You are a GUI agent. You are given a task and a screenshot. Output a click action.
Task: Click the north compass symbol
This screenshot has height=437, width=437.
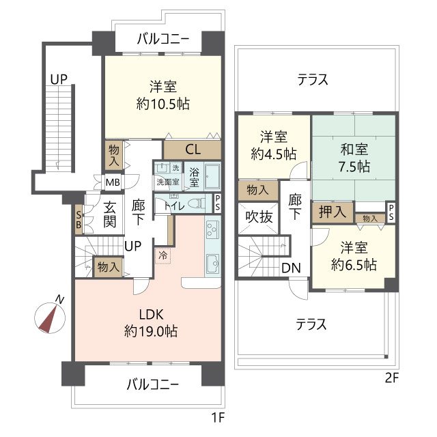(50, 318)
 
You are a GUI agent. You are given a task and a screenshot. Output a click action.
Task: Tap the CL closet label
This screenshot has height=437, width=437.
(193, 150)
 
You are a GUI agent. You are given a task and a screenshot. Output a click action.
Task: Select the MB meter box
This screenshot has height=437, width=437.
(113, 182)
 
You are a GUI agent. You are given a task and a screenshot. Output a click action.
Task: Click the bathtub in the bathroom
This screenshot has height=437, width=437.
(212, 175)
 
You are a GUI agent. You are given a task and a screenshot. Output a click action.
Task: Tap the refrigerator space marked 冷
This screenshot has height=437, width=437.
(163, 255)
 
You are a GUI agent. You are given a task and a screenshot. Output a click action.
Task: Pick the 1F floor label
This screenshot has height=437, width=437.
(218, 417)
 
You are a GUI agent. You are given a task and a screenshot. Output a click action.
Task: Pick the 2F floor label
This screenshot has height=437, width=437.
(391, 378)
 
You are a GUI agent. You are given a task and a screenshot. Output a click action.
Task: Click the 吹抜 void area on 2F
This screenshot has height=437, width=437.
(258, 217)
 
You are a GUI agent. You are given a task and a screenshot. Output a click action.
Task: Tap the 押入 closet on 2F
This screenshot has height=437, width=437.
(333, 212)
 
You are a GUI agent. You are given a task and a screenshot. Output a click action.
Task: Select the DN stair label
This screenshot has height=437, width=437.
(291, 268)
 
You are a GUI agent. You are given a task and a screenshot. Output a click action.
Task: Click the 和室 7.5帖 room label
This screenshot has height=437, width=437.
(354, 158)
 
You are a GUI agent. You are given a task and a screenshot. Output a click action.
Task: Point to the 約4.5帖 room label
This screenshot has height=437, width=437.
(274, 154)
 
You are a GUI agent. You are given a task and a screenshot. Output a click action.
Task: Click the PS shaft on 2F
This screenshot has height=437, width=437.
(391, 212)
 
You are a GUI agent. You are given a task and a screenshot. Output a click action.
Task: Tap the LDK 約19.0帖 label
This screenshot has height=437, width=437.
(151, 323)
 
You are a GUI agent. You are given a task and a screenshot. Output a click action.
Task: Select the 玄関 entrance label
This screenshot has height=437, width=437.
(110, 214)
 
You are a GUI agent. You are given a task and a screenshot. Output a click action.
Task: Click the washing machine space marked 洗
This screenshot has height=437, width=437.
(175, 168)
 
